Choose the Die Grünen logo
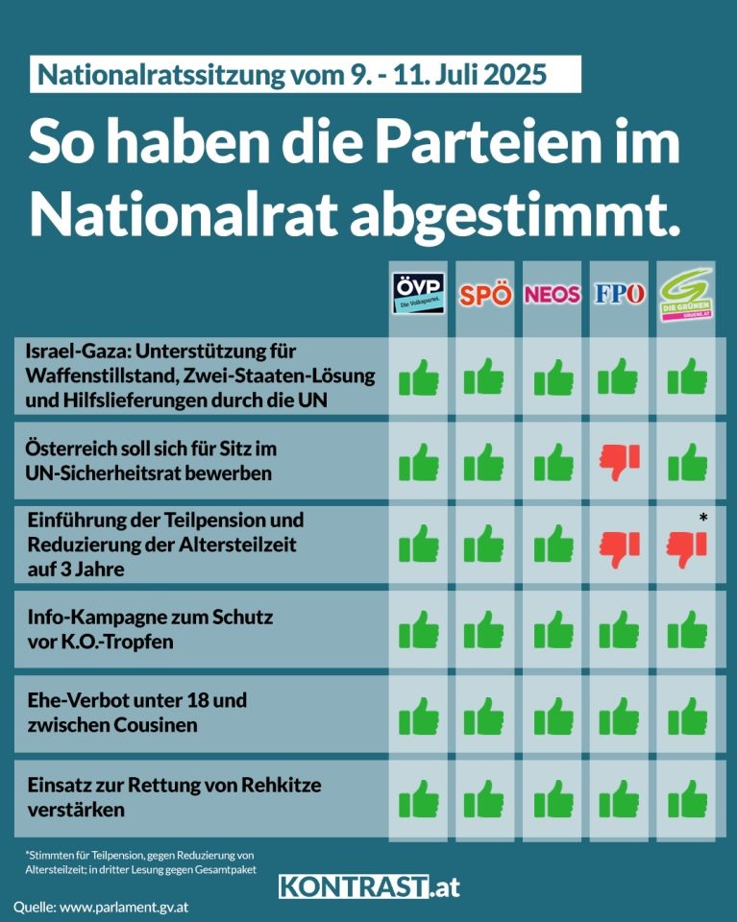pos(686,291)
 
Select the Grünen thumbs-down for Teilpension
pos(686,548)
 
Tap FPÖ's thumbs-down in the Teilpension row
pos(620,548)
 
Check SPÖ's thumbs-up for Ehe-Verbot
pos(484,715)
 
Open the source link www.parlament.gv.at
pos(131,907)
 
